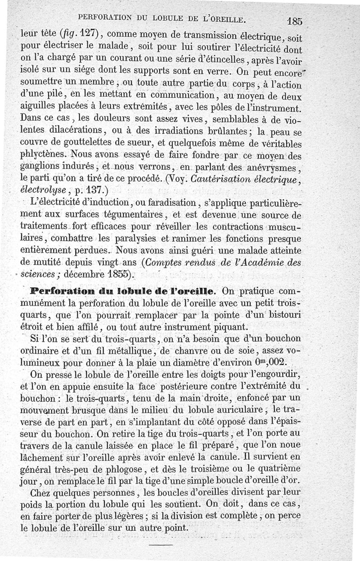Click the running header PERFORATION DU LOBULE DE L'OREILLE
point(162,18)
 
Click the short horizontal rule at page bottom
point(161,545)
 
